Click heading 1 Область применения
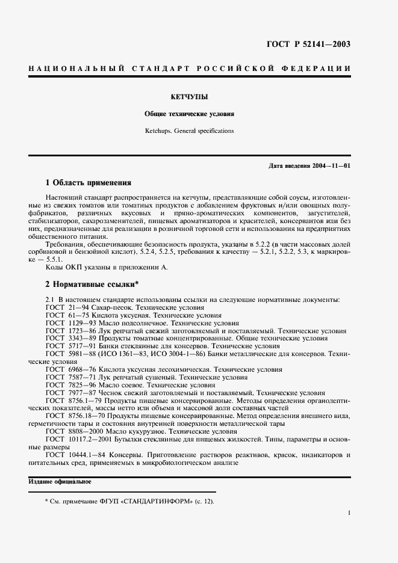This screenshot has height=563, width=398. [x=89, y=182]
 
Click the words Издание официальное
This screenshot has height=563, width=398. [x=60, y=482]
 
